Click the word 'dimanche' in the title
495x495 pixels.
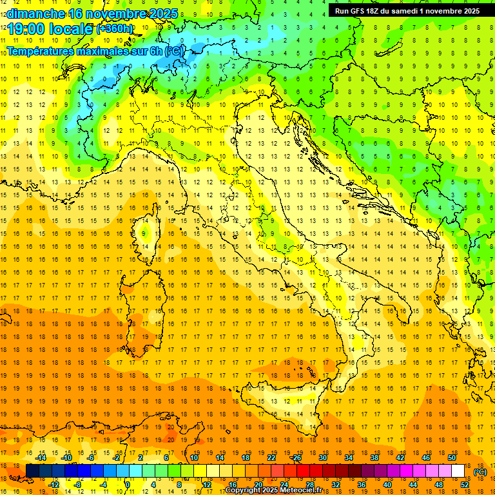[x=35, y=14]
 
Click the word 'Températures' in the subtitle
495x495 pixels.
[x=41, y=50]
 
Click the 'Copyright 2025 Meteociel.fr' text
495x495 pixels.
[x=278, y=490]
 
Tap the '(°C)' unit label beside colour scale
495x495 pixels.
[x=480, y=472]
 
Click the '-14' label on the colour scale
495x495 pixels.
[x=41, y=458]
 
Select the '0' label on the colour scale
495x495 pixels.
[x=128, y=485]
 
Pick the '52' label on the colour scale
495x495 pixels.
[x=465, y=485]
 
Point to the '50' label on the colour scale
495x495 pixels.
[x=452, y=458]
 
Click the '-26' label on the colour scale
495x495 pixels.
[x=296, y=458]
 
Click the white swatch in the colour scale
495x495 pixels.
[x=458, y=471]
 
